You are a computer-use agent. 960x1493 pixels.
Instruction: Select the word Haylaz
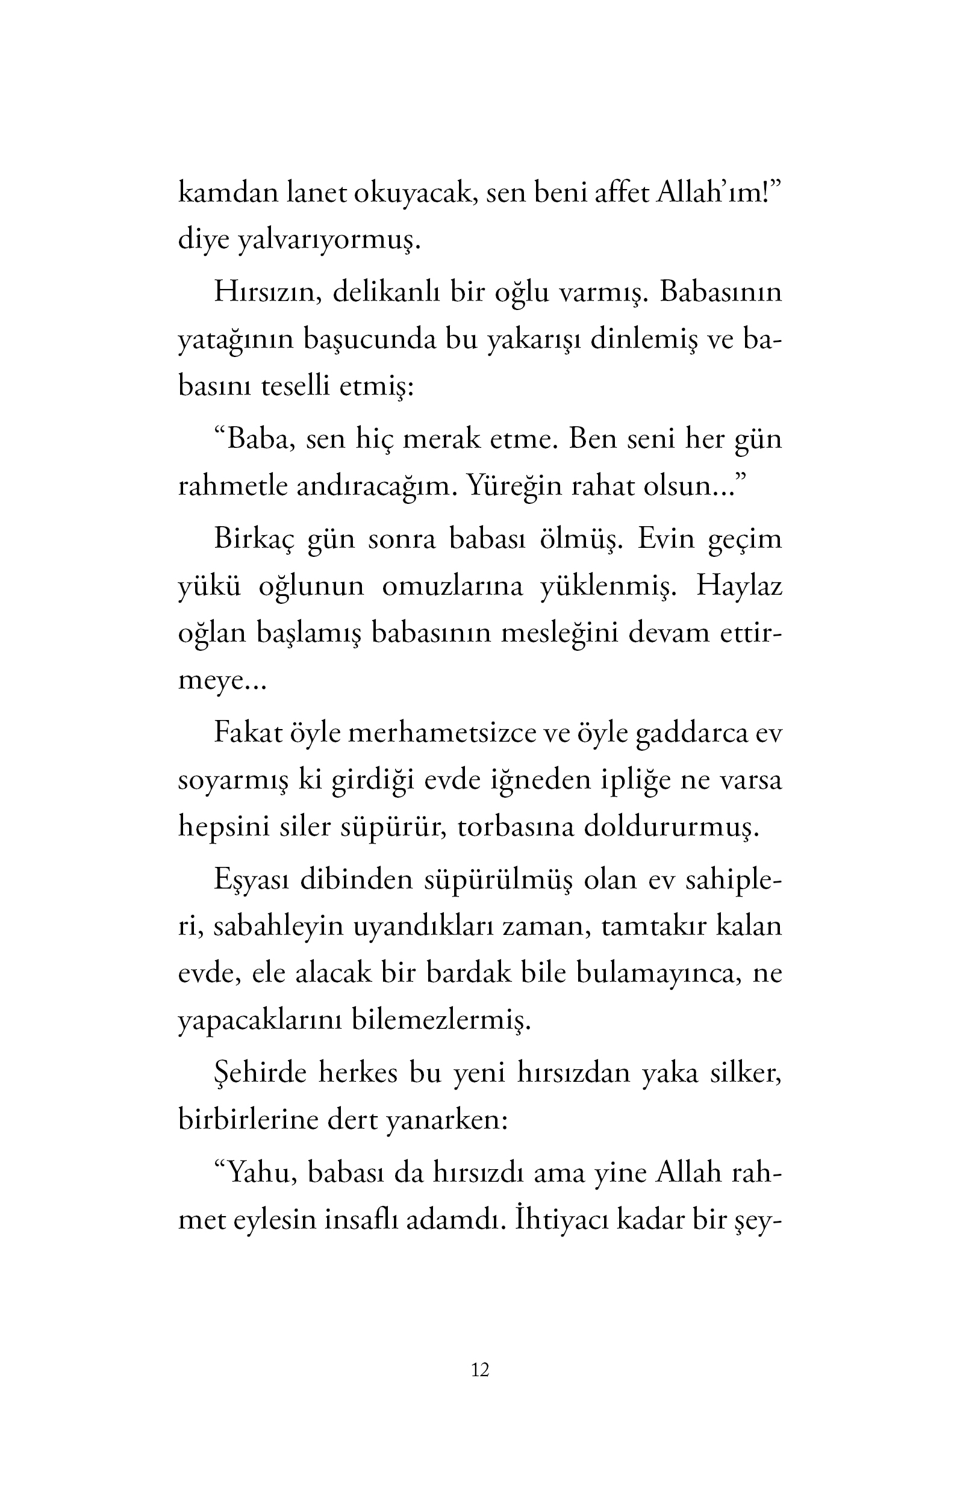coord(739,586)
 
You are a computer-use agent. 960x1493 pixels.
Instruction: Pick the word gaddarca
coord(691,733)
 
